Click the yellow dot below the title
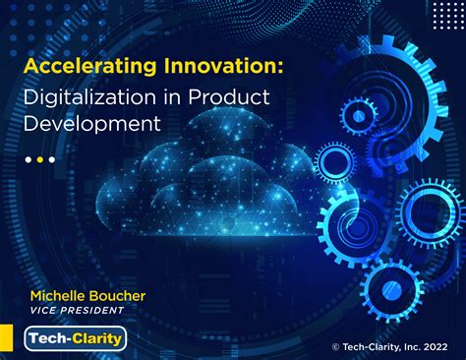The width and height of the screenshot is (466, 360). (40, 159)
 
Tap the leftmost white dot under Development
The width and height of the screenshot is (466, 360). (29, 159)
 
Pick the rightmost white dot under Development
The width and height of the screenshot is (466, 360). (52, 159)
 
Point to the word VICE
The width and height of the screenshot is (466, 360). (45, 310)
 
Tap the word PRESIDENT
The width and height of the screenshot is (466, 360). (96, 310)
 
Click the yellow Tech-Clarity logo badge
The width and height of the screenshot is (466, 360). (75, 339)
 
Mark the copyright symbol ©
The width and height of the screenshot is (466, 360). (336, 346)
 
